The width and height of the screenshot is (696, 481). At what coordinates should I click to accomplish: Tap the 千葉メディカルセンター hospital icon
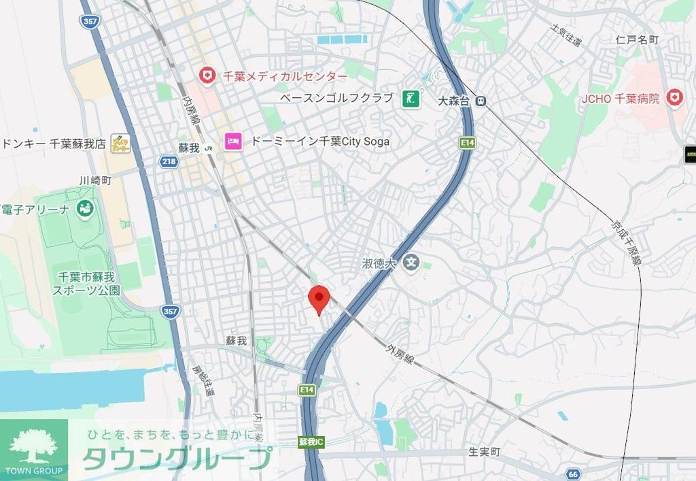206,75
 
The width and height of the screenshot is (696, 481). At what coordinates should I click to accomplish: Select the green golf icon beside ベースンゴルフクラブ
410,99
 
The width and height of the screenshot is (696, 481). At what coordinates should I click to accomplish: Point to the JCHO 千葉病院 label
621,99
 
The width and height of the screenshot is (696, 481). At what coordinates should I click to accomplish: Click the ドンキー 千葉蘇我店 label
53,144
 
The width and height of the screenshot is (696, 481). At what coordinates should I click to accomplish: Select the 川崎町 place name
95,180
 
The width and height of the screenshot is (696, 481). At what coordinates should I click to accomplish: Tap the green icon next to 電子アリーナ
85,209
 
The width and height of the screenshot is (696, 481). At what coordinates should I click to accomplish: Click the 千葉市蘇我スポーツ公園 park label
86,283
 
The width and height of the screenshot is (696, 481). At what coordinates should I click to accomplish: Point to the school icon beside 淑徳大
411,262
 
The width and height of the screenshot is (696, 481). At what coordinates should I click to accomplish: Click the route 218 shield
169,161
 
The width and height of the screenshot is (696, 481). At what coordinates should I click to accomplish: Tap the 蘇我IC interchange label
311,442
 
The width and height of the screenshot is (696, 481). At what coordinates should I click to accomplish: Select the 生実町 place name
484,452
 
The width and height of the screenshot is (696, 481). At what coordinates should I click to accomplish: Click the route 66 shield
574,474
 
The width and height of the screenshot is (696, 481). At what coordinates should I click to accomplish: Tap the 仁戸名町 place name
637,40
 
